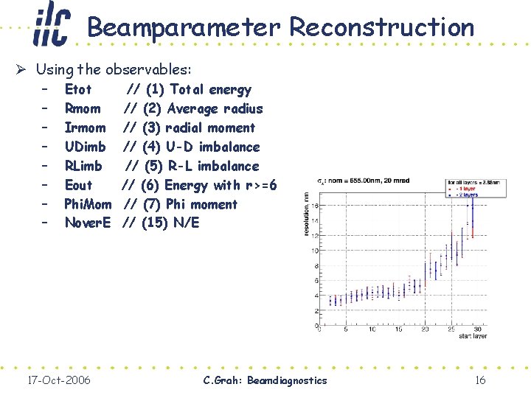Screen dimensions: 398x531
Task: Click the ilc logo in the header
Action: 52,25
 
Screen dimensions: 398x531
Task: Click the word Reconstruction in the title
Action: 381,28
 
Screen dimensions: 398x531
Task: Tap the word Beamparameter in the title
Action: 184,28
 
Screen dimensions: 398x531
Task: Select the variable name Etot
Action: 78,90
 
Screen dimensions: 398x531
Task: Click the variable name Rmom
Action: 83,109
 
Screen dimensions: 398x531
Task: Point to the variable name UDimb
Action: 85,147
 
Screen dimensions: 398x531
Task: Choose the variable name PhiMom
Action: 88,204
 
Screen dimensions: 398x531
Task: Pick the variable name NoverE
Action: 88,223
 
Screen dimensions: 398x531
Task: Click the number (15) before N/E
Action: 153,223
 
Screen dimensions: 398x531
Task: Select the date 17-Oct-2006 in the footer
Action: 58,380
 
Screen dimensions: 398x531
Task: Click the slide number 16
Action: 479,380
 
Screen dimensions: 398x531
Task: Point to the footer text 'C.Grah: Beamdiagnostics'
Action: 265,380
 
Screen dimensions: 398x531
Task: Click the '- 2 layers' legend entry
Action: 464,195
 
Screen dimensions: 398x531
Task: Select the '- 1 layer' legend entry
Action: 462,189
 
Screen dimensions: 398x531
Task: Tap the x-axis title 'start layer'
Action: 472,336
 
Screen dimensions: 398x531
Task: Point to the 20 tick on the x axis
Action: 425,329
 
